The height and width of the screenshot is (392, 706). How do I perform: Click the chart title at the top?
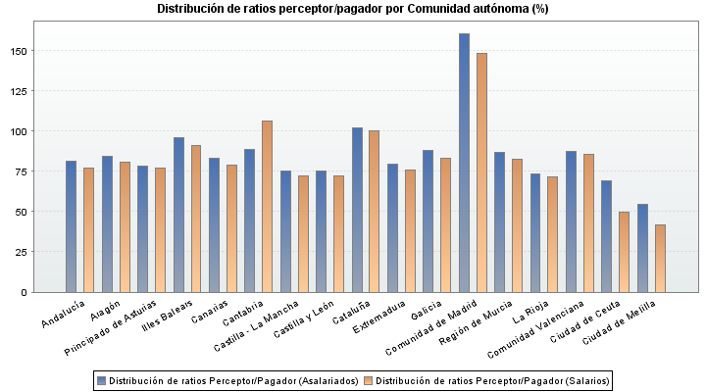[353, 9]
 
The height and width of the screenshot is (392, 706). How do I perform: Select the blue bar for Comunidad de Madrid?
[464, 163]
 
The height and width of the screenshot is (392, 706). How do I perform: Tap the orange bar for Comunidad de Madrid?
[481, 172]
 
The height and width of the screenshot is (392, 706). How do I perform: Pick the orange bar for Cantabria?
[267, 206]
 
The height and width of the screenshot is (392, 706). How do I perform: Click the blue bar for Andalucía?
[71, 226]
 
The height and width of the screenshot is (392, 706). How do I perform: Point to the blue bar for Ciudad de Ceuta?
[607, 236]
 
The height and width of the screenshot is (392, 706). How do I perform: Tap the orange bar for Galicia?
[446, 224]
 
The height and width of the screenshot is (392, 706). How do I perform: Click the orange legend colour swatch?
[369, 380]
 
